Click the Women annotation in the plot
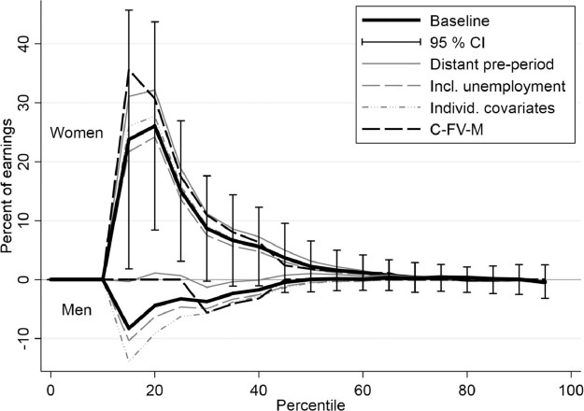click(x=77, y=134)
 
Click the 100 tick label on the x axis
click(x=565, y=386)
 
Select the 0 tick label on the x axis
click(x=50, y=386)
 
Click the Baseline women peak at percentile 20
click(x=154, y=126)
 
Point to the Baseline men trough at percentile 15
click(x=129, y=329)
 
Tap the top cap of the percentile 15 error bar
click(x=129, y=10)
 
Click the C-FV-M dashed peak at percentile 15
click(x=129, y=70)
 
